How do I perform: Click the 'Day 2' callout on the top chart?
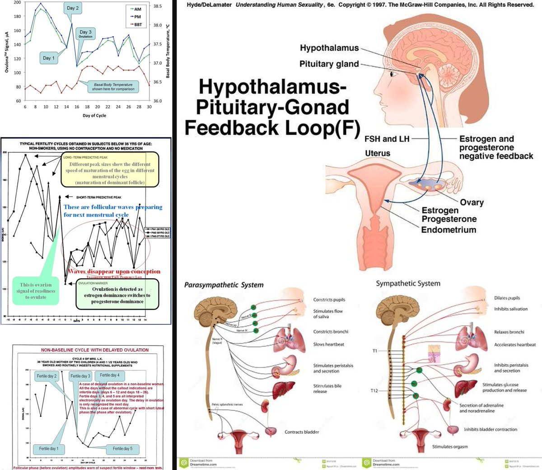(73, 8)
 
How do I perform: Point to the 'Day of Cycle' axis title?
(95, 115)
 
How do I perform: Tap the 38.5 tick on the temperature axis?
(158, 6)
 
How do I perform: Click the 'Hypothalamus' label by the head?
(329, 48)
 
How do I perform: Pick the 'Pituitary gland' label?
(329, 64)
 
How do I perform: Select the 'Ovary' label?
(472, 202)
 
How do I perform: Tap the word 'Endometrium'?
(449, 229)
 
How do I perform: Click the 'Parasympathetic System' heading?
(224, 285)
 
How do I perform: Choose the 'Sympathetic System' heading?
(408, 284)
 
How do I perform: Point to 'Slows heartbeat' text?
(329, 344)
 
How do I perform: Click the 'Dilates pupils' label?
(507, 298)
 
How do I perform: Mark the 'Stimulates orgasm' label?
(450, 446)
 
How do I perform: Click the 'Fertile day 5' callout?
(122, 449)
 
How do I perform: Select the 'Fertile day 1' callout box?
(49, 449)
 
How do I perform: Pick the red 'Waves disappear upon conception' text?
(114, 271)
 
